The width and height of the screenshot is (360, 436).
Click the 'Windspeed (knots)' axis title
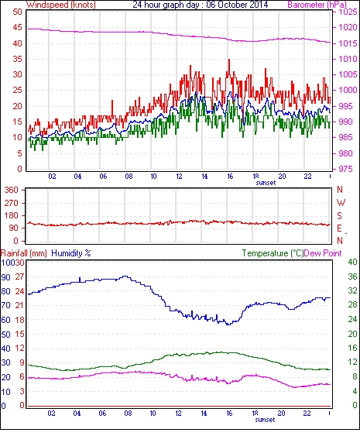61,5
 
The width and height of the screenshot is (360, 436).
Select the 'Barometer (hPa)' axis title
317,5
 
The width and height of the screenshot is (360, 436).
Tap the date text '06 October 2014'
237,5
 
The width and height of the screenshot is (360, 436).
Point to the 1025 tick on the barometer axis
348,12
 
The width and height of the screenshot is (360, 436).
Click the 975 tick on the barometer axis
345,169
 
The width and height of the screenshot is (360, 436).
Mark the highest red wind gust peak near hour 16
229,60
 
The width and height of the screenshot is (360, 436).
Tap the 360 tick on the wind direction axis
11,190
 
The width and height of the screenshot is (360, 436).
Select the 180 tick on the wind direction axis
11,215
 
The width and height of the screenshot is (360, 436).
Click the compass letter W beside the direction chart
341,203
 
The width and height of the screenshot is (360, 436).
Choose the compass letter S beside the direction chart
339,215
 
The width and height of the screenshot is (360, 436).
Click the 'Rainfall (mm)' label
24,253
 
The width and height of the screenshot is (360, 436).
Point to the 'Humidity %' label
71,253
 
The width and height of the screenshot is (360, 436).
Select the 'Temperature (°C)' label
273,253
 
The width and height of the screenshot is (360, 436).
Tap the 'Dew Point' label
323,253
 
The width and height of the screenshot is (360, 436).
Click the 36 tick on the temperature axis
352,276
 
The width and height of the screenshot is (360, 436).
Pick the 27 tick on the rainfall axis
19,276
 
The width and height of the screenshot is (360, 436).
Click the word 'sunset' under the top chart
266,183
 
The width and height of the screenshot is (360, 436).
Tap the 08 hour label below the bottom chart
128,414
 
